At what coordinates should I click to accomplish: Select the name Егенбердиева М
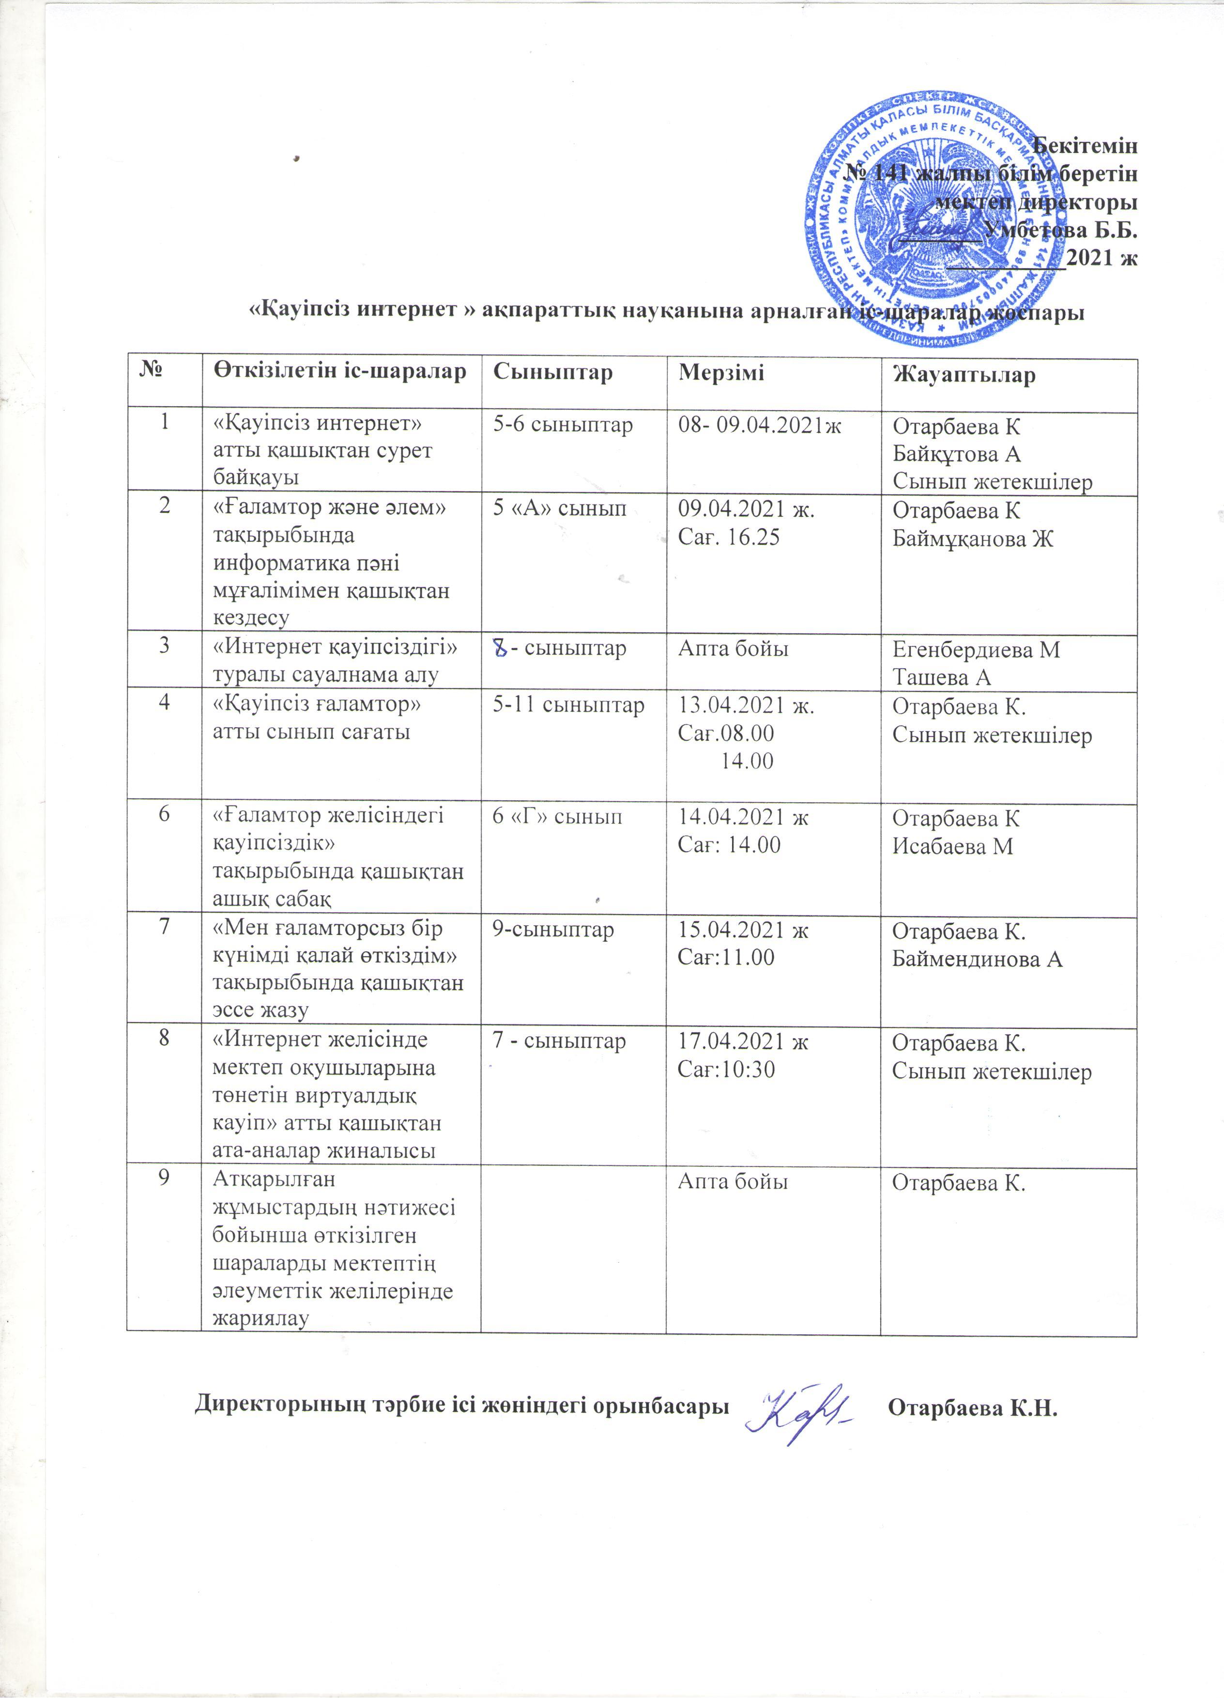[x=976, y=650]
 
